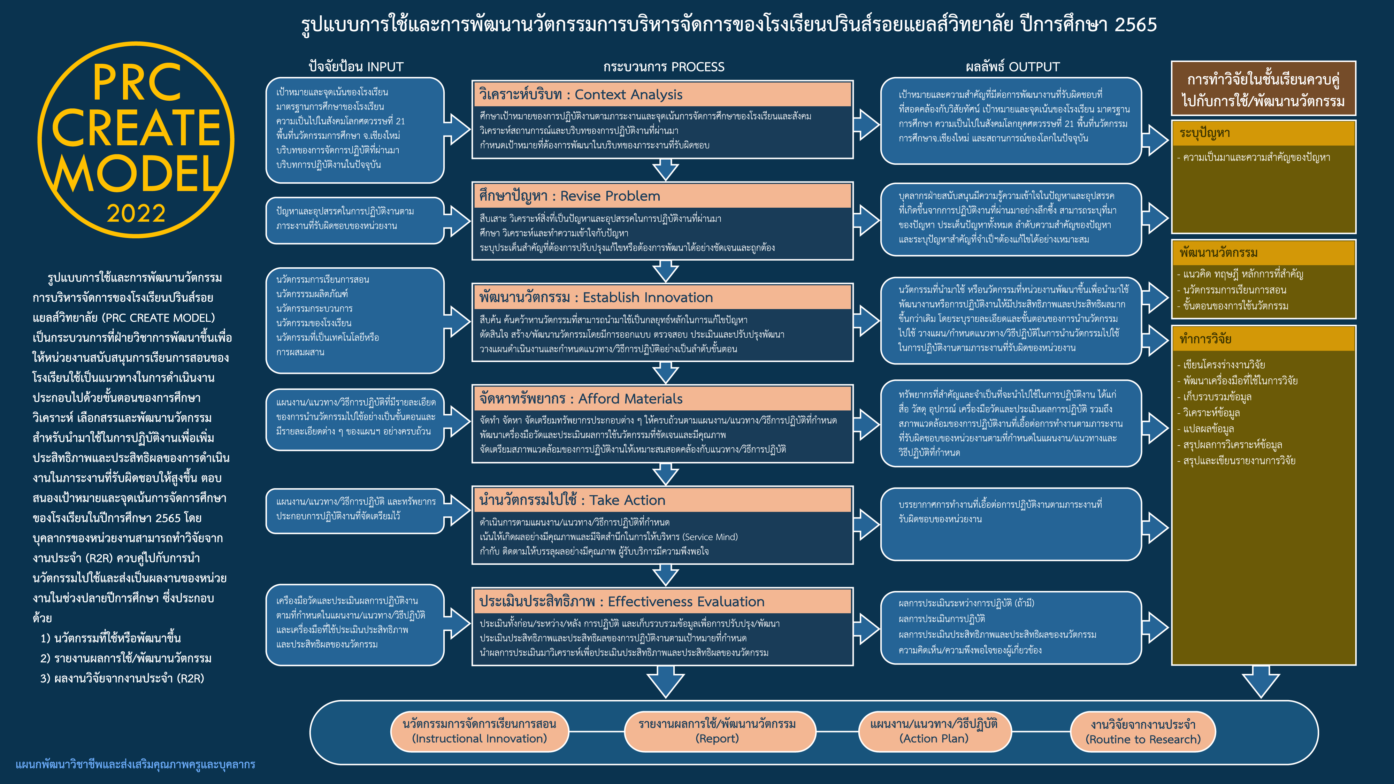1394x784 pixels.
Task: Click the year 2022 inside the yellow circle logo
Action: click(136, 213)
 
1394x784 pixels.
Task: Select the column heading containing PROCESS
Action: click(664, 67)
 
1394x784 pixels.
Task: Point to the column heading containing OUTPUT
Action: click(1012, 67)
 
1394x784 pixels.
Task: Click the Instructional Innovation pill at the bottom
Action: click(480, 731)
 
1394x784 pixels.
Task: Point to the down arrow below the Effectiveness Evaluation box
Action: click(666, 682)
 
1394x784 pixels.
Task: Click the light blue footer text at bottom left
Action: click(135, 764)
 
